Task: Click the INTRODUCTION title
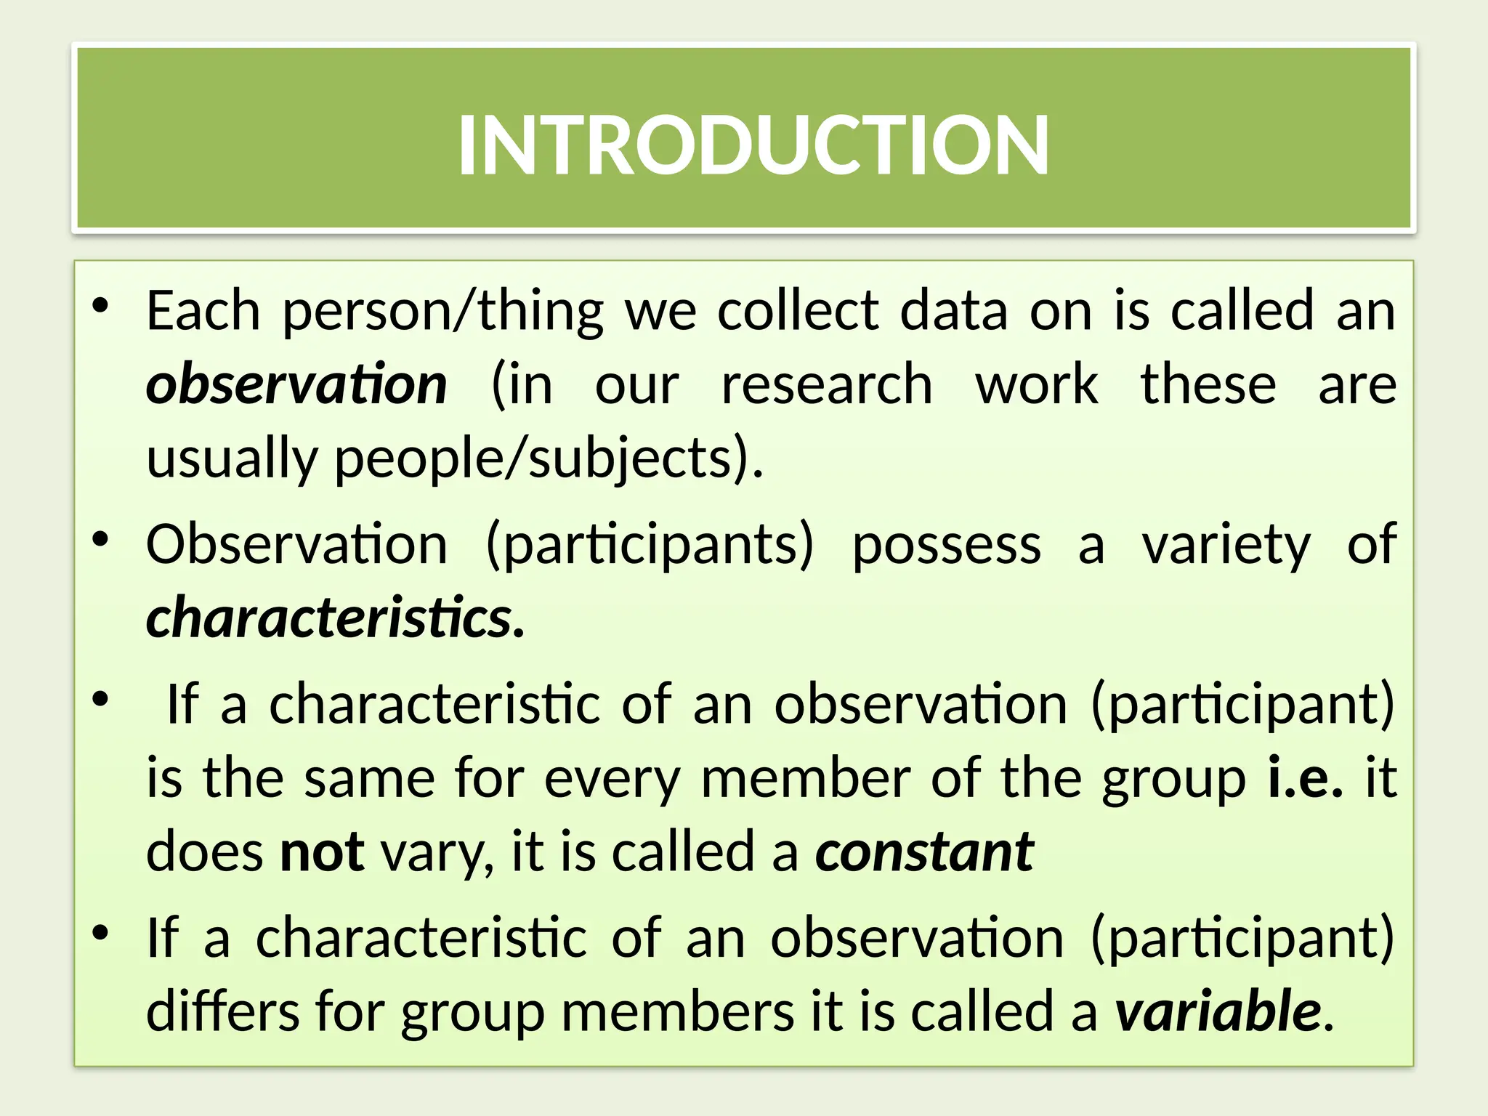(x=753, y=145)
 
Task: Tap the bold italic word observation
(x=296, y=385)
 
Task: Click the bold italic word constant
(x=924, y=852)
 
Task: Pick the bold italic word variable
(x=1218, y=1011)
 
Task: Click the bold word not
(x=322, y=852)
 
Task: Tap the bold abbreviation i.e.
(x=1305, y=777)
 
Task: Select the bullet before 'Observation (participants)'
(x=100, y=540)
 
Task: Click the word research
(x=827, y=385)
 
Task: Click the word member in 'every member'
(x=805, y=777)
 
